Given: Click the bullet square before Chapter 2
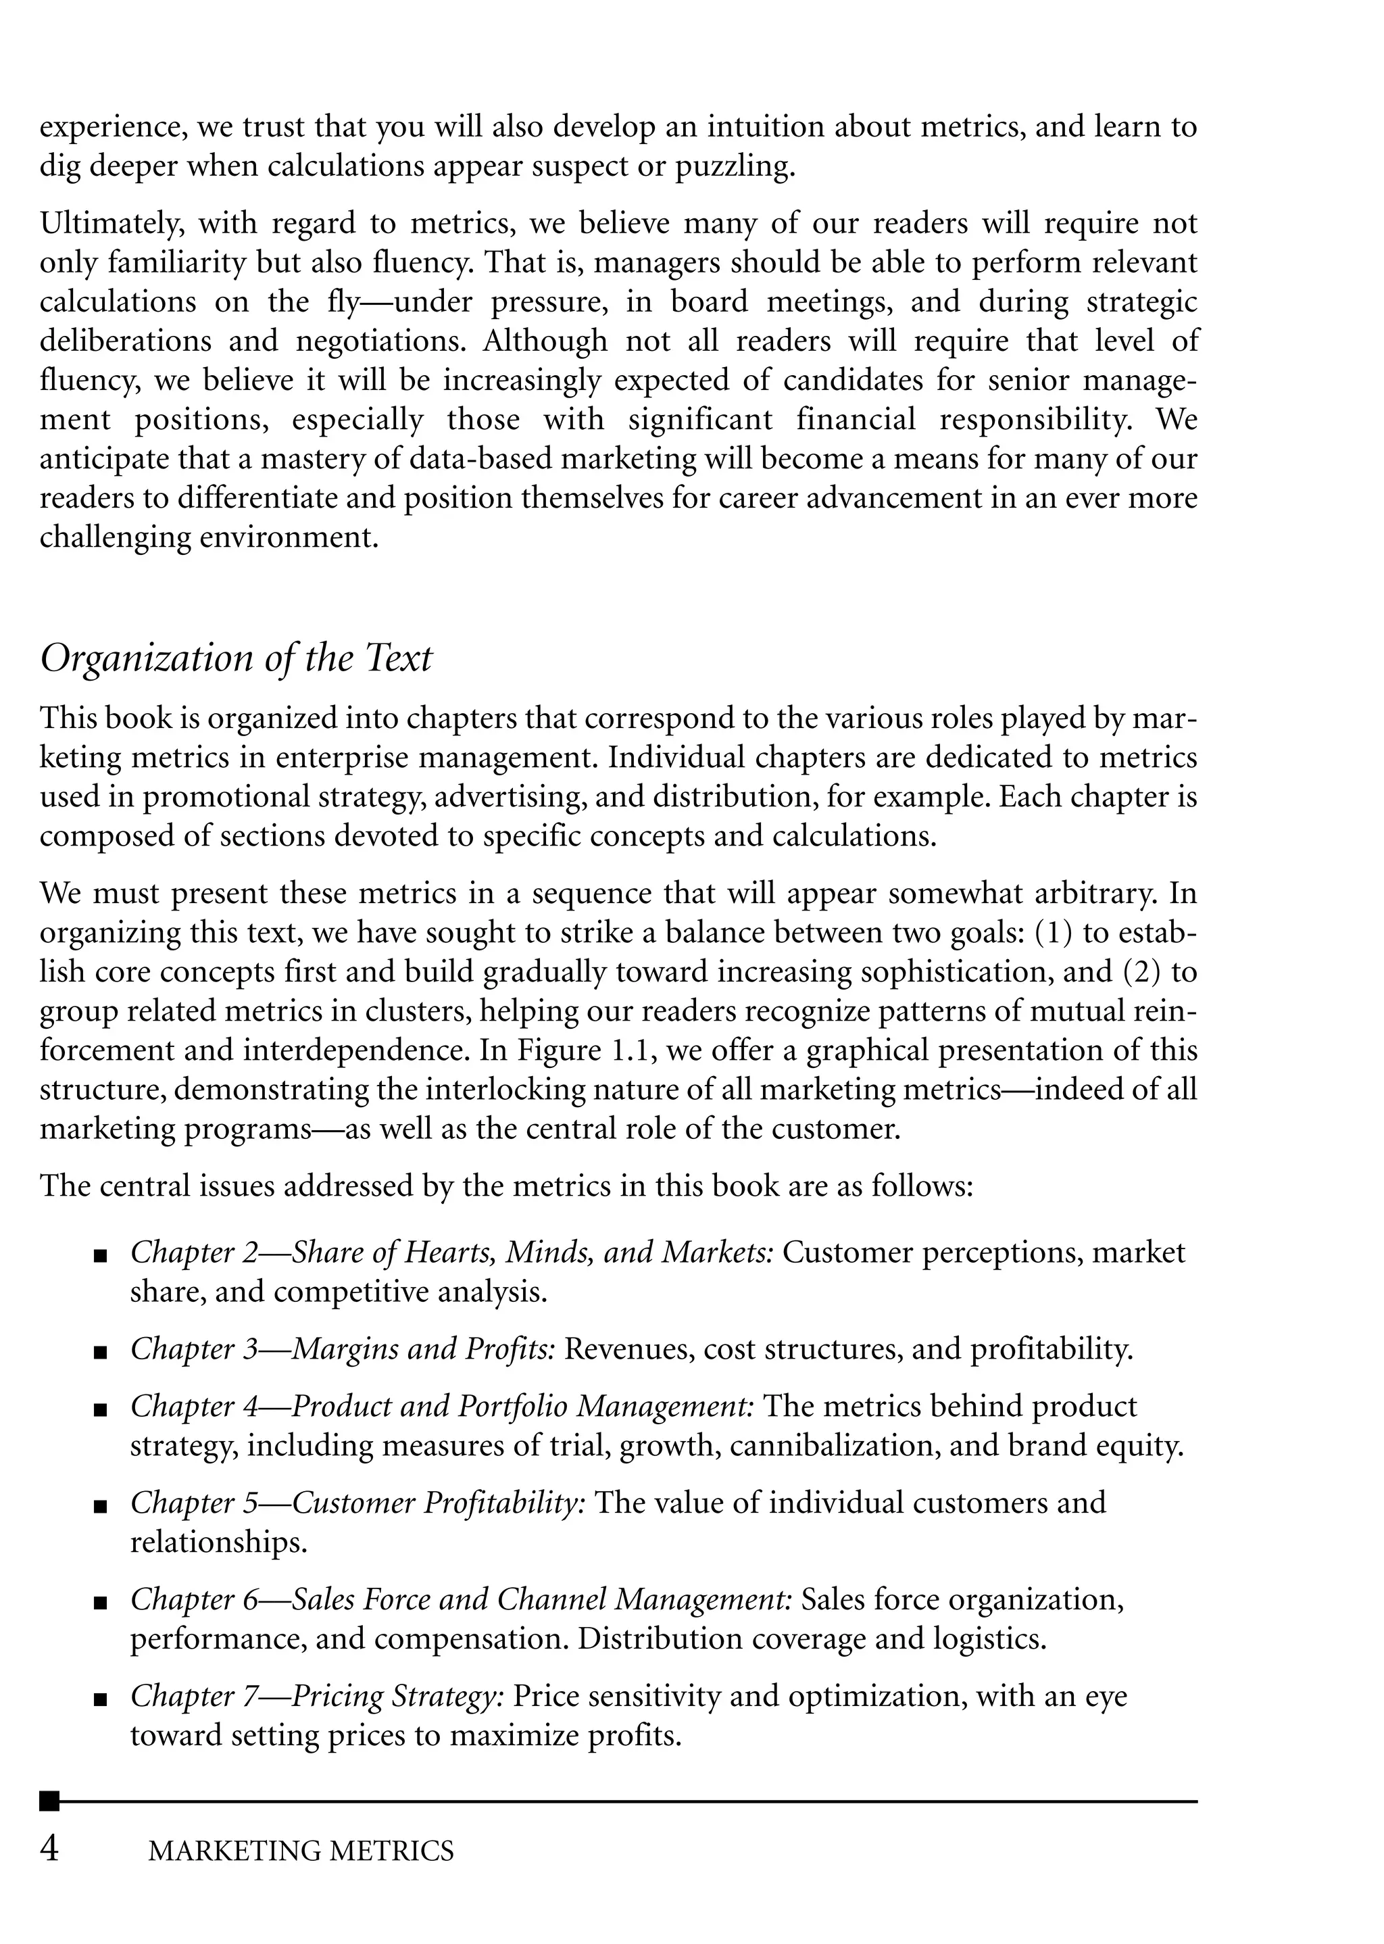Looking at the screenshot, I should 101,1255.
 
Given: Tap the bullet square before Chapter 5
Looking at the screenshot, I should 101,1506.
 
